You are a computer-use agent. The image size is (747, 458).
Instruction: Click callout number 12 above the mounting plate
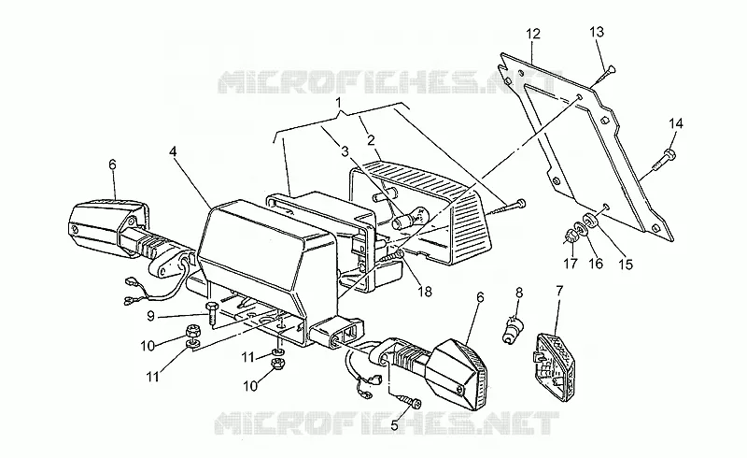point(533,34)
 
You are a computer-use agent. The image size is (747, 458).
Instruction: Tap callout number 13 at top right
point(597,32)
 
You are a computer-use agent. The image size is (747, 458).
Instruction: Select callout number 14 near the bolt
point(675,124)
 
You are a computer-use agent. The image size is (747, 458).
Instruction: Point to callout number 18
point(425,291)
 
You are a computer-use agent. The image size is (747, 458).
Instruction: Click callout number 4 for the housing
point(173,151)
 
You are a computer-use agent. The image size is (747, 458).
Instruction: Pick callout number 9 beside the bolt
point(150,316)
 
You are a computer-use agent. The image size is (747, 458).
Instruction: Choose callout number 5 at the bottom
point(394,424)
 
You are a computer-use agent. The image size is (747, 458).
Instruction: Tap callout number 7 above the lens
point(559,290)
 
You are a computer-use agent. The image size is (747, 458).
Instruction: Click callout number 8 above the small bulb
point(519,293)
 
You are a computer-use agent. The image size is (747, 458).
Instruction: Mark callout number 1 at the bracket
point(338,103)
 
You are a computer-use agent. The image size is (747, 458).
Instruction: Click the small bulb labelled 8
point(512,331)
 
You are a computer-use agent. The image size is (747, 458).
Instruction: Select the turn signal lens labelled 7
point(553,367)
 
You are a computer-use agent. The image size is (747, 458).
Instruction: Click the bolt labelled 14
point(665,161)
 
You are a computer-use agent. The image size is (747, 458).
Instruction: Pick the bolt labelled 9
point(212,312)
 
